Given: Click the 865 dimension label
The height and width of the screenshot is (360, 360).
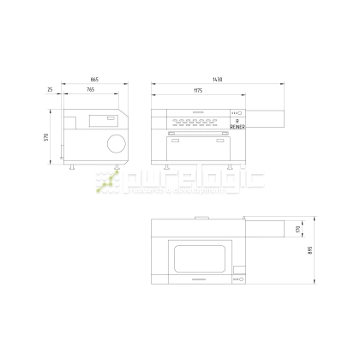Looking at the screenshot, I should coord(94,80).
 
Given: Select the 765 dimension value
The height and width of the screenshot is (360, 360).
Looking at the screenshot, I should coord(90,90).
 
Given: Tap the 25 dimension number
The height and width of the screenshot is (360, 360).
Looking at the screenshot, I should coord(51,90).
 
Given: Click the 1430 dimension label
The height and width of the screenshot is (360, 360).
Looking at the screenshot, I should coord(218,80).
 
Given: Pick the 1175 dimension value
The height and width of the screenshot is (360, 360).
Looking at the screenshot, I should coord(198,90).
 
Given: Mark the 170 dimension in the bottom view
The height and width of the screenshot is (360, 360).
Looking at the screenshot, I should coord(298,230).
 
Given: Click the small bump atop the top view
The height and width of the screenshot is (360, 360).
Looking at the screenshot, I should coord(199,218).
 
